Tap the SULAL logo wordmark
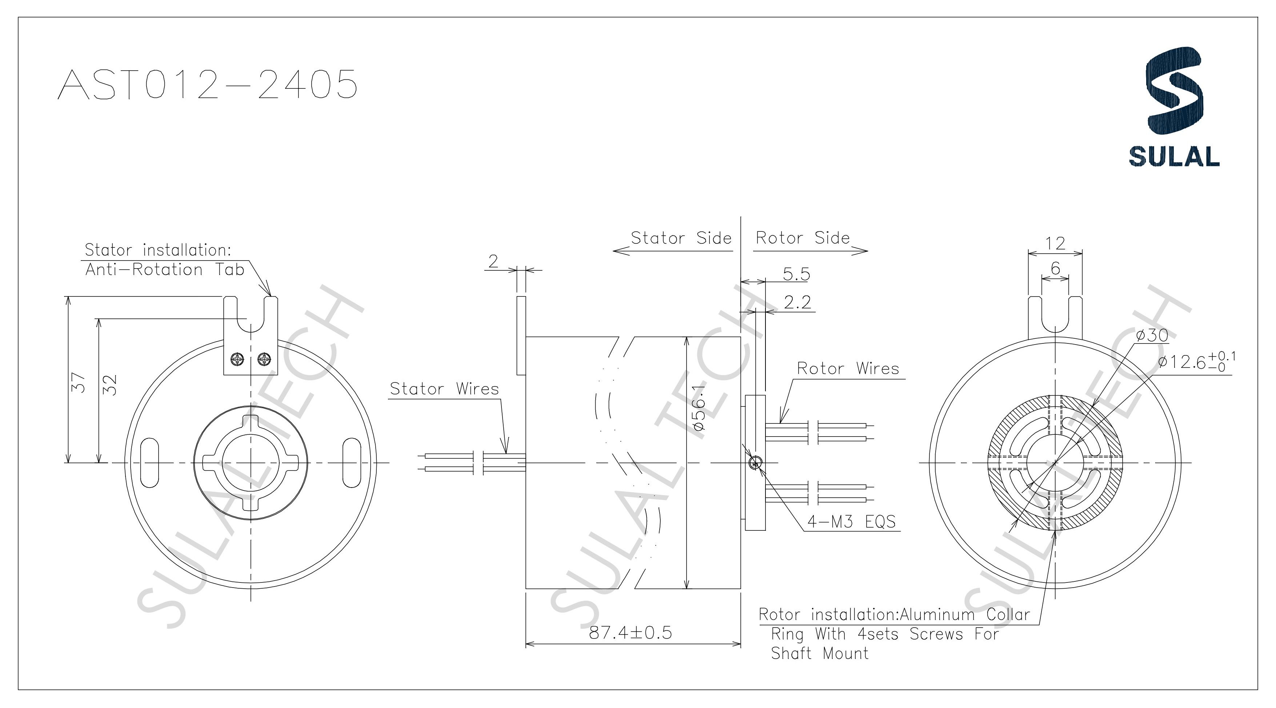point(1173,156)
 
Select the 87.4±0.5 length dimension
point(630,633)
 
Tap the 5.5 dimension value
point(796,274)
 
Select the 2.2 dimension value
point(797,302)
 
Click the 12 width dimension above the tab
point(1055,243)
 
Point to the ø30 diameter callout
point(1152,335)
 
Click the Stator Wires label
point(444,389)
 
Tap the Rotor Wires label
point(848,369)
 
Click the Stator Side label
point(681,238)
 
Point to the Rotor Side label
point(803,238)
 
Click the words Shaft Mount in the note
point(820,653)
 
